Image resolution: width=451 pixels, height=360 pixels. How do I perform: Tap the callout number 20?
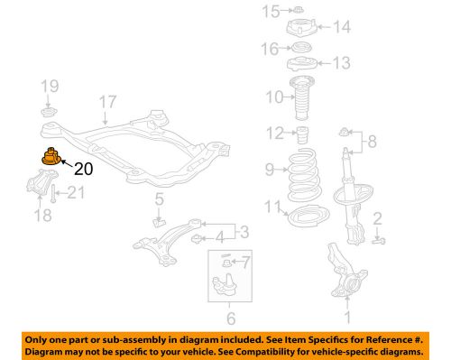tap(83, 168)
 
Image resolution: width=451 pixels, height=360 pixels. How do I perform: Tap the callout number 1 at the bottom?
tap(344, 317)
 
